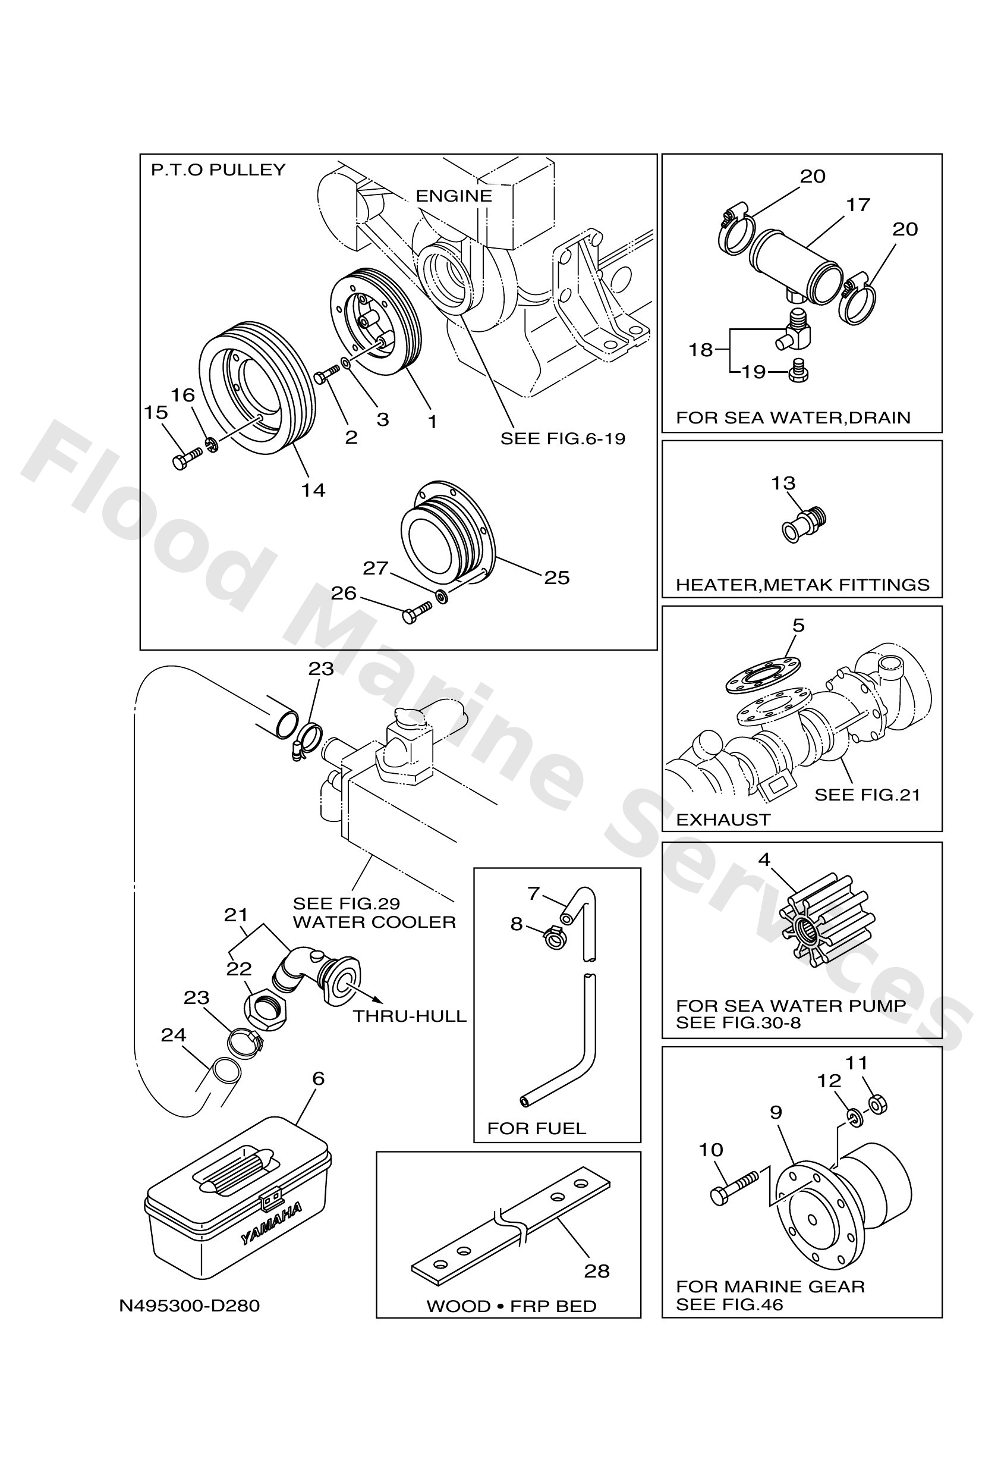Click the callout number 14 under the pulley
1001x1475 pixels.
[x=313, y=490]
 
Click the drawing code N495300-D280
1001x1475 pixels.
[x=190, y=1305]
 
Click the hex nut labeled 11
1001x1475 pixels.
[x=877, y=1105]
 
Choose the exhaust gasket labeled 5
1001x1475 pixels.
[x=762, y=675]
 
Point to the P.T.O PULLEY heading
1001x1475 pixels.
[x=218, y=170]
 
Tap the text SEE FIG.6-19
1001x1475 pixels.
[x=563, y=438]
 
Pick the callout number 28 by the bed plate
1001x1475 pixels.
[x=596, y=1270]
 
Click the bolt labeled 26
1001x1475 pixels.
[x=416, y=612]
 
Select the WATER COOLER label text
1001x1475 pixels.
[x=374, y=922]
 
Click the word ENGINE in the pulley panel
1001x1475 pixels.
[x=454, y=196]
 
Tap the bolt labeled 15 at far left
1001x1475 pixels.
[x=186, y=458]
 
